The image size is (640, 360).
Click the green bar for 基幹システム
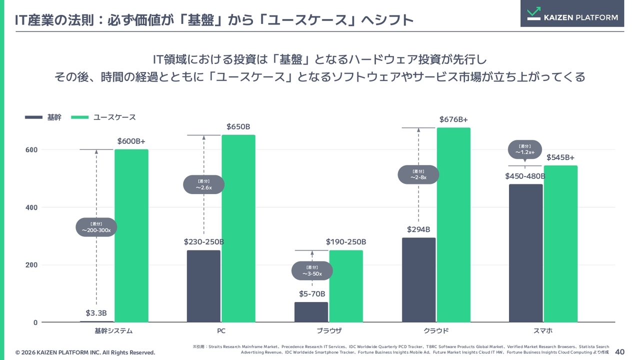coord(131,235)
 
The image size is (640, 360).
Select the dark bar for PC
coord(203,286)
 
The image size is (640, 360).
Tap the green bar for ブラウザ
coord(346,286)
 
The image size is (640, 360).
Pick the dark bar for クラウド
coord(419,280)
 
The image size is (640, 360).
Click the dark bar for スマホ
coord(525,253)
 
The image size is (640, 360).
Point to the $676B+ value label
coord(453,119)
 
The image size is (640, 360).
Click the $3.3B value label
coord(96,313)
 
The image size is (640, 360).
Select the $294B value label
coord(418,229)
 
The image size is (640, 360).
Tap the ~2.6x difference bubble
coord(203,184)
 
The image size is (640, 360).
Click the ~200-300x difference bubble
coord(96,227)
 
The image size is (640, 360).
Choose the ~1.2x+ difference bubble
coord(525,149)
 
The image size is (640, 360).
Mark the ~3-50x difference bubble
coord(312,270)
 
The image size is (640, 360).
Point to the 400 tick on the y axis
coord(31,207)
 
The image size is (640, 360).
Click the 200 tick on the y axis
coord(31,265)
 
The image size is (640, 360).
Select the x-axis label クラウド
coord(436,331)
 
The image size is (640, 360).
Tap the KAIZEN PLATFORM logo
coord(572,13)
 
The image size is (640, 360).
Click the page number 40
coord(619,351)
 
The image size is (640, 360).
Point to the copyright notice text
coord(85,352)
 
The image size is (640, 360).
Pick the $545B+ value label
coord(560,157)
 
